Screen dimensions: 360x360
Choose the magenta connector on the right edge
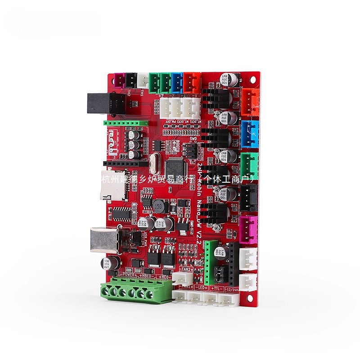click(249, 227)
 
